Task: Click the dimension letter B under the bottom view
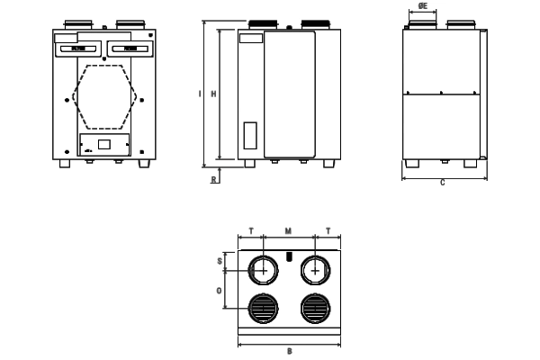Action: point(289,351)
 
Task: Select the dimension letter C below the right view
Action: point(443,184)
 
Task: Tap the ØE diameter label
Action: point(423,5)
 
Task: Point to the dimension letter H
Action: point(212,93)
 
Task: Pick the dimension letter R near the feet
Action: point(213,178)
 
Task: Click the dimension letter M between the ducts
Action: point(288,231)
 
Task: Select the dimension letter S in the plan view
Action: point(220,262)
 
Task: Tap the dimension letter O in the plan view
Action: point(220,291)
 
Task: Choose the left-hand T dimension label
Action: point(250,231)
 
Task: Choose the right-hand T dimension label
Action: point(328,231)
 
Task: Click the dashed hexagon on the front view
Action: point(106,95)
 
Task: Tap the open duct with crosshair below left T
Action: point(263,270)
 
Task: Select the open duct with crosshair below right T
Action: point(314,270)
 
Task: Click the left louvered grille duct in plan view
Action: point(263,309)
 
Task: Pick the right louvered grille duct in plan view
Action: point(314,309)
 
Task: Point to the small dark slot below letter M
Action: point(289,256)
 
